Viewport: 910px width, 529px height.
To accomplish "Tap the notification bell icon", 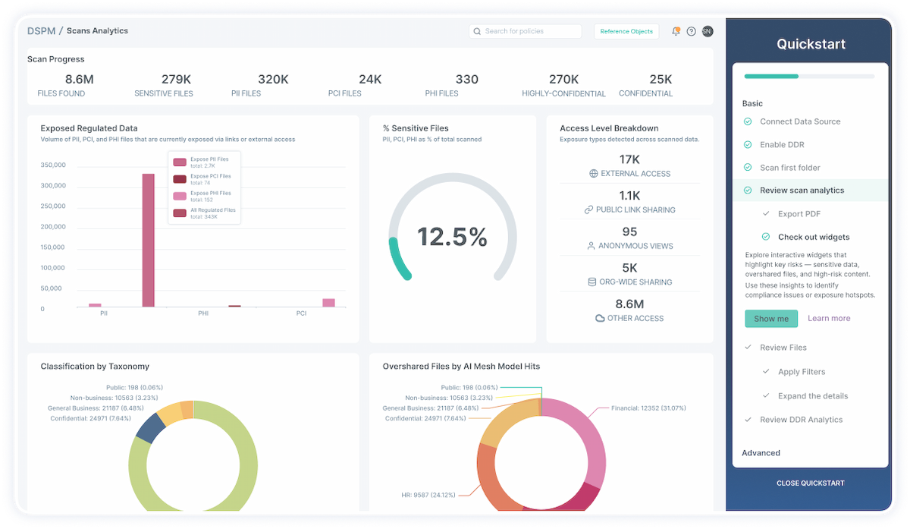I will [676, 31].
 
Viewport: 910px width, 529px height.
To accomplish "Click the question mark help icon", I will [691, 31].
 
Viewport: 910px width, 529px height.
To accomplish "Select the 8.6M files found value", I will [79, 79].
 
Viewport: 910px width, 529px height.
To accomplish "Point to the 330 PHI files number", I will [467, 79].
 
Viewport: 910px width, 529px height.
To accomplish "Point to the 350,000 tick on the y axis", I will [53, 165].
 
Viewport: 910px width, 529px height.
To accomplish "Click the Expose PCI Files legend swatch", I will [180, 179].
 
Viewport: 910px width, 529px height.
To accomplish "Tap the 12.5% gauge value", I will [452, 237].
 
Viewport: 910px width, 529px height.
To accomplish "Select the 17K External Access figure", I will [629, 159].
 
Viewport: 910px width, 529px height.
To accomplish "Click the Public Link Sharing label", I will [635, 209].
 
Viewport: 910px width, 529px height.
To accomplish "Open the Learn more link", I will [829, 319].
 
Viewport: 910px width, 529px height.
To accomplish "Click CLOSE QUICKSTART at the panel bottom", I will [810, 483].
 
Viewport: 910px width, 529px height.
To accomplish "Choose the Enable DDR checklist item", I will [782, 144].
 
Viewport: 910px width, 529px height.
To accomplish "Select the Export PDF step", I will [799, 214].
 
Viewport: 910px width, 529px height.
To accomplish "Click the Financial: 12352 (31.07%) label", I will [648, 408].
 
